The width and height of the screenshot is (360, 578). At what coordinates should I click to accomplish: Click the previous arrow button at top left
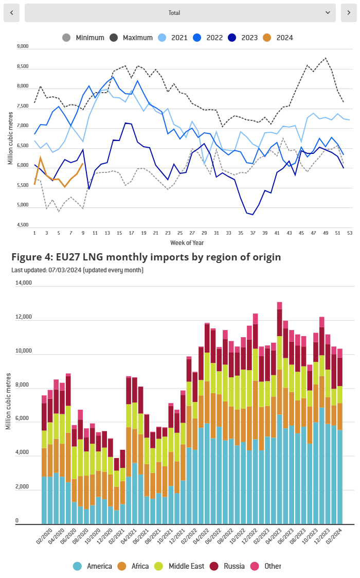pyautogui.click(x=12, y=12)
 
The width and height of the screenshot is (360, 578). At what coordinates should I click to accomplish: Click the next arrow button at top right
pyautogui.click(x=349, y=12)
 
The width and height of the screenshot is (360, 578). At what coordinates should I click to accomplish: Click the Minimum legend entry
pyautogui.click(x=83, y=38)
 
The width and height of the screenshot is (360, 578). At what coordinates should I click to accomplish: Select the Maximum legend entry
pyautogui.click(x=131, y=38)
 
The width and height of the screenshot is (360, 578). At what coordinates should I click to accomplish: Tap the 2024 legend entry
pyautogui.click(x=278, y=38)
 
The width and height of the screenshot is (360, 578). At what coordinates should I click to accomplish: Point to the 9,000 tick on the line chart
pyautogui.click(x=23, y=46)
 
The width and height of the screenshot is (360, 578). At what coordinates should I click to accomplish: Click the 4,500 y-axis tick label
pyautogui.click(x=23, y=225)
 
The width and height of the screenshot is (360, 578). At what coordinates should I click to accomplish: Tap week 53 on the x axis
pyautogui.click(x=350, y=233)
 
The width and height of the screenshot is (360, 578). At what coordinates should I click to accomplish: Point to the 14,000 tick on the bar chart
pyautogui.click(x=24, y=283)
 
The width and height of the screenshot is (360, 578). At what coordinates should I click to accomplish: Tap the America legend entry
pyautogui.click(x=92, y=566)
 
